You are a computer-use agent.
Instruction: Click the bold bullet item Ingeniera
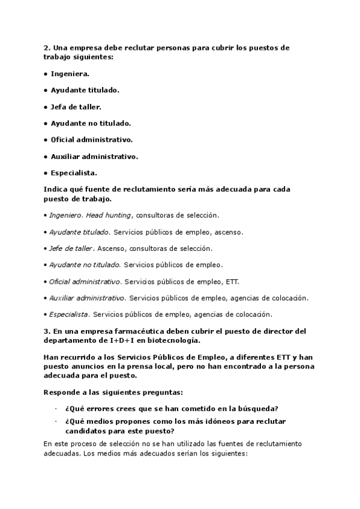[70, 73]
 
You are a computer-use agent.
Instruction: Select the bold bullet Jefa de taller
[76, 107]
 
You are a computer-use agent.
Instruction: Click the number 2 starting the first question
[46, 47]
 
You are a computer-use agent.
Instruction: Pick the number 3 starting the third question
[46, 331]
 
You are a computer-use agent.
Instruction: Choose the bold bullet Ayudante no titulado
[91, 123]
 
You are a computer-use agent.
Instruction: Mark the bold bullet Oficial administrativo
[91, 140]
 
